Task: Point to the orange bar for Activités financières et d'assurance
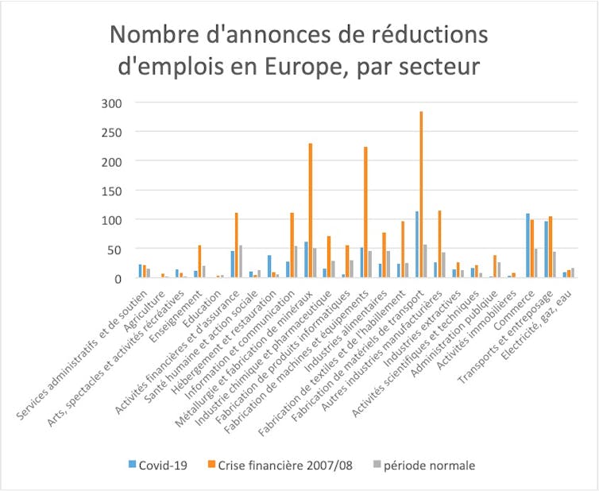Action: (x=237, y=246)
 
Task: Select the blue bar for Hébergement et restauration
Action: (x=270, y=266)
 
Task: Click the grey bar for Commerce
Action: (x=536, y=263)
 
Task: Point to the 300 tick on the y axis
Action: (x=112, y=102)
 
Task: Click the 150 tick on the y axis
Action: (x=112, y=190)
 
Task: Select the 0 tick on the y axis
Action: (x=118, y=278)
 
